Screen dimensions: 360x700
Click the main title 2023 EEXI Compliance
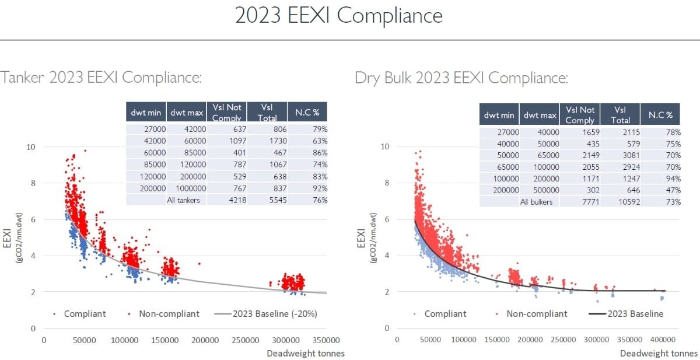(338, 16)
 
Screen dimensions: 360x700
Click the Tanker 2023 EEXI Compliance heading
(101, 78)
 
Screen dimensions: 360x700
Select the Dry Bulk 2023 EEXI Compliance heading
(461, 78)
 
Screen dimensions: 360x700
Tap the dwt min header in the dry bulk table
(499, 115)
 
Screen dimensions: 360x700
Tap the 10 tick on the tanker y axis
(31, 147)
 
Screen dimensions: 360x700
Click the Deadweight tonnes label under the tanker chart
(306, 353)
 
